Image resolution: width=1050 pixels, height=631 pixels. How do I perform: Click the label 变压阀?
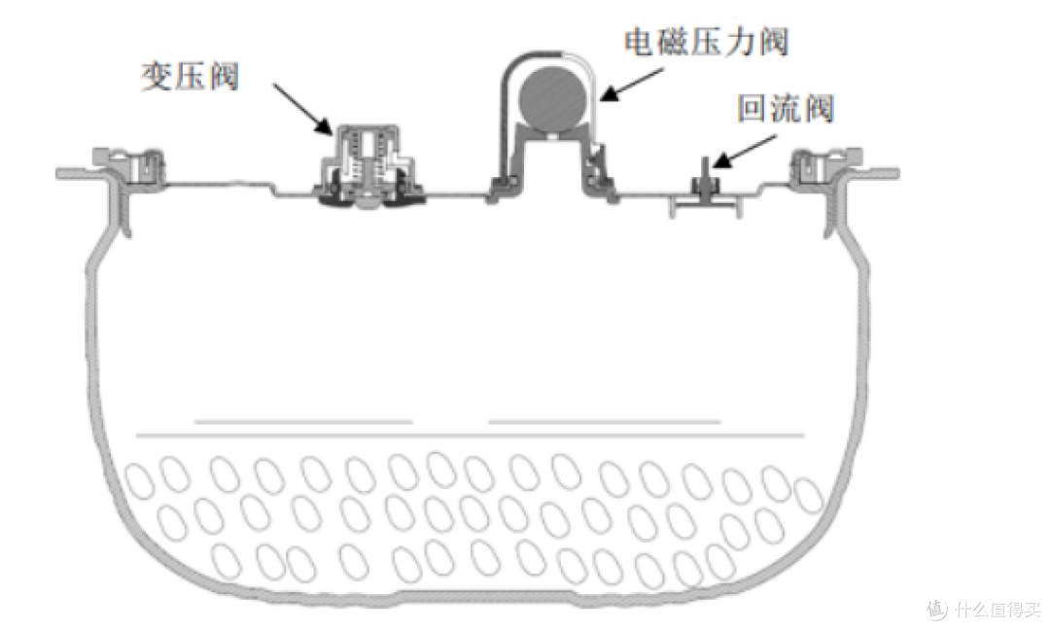coord(191,77)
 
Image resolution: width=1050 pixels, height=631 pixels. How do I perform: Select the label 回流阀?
coord(785,109)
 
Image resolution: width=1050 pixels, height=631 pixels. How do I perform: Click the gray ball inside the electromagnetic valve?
coord(551,99)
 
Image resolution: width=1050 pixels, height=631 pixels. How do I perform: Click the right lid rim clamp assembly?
coord(822,169)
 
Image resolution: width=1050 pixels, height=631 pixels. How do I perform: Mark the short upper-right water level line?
coord(604,421)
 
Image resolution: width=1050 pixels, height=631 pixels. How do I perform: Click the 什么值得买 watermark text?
coord(997,610)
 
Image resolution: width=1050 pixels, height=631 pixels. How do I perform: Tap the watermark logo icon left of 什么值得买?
coord(935,610)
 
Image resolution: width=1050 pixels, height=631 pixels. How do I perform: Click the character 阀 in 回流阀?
coord(817,109)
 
